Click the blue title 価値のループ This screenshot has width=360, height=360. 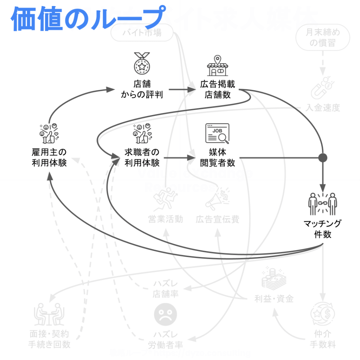(x=88, y=18)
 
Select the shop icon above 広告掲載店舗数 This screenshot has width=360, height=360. (x=217, y=66)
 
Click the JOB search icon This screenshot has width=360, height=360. (x=217, y=134)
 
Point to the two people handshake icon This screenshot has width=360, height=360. (x=322, y=204)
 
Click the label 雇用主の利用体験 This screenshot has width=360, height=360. (x=49, y=157)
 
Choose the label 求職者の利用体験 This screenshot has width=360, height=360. (x=142, y=157)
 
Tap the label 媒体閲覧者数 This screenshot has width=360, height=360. (x=218, y=157)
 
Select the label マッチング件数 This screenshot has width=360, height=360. (x=322, y=229)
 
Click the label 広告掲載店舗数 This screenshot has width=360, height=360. (x=218, y=90)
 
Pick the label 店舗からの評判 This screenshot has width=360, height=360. (x=142, y=90)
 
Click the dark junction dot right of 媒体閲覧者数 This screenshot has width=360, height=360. (x=322, y=158)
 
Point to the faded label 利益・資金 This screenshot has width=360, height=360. (x=274, y=299)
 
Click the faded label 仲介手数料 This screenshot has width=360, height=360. (x=322, y=338)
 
